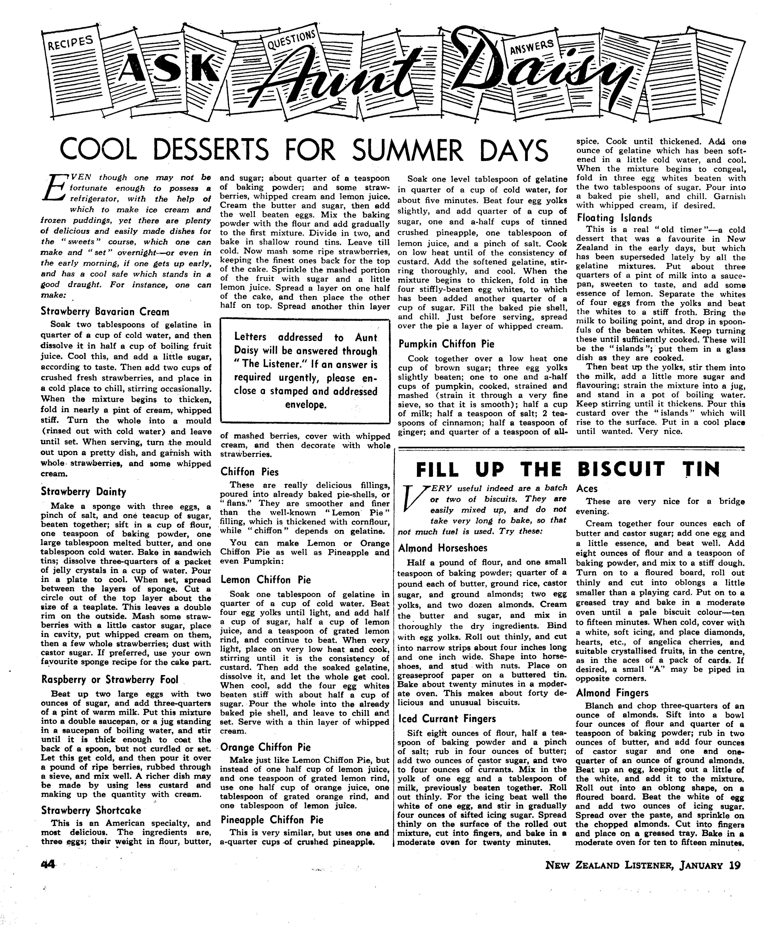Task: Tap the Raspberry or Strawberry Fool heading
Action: click(110, 679)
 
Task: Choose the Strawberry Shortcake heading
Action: click(91, 810)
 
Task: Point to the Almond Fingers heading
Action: click(612, 693)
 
